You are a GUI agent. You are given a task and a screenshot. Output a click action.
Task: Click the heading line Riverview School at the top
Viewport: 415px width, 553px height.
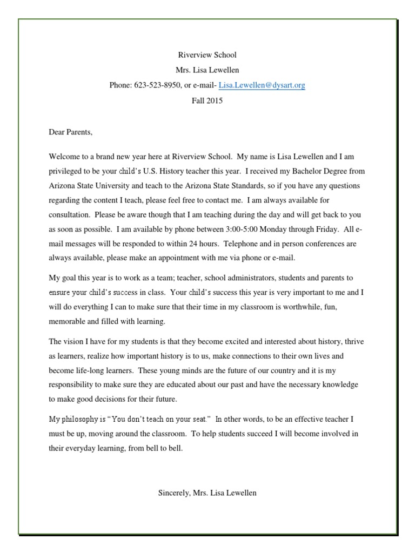click(x=207, y=55)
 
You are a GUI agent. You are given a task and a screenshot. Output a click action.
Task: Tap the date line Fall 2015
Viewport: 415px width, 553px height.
click(x=207, y=100)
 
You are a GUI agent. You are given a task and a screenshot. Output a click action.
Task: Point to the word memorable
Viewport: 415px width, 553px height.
click(x=69, y=321)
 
